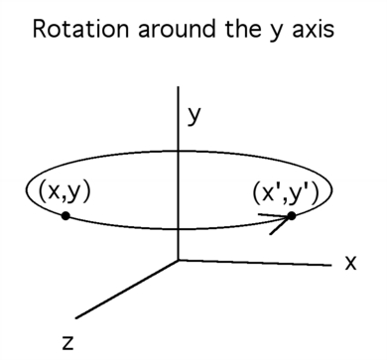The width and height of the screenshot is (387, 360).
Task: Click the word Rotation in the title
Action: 81,29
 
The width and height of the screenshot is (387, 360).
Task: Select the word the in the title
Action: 243,29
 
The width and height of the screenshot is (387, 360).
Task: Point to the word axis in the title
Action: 314,29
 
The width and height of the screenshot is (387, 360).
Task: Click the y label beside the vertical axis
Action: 193,117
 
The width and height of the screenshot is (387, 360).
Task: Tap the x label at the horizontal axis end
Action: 350,264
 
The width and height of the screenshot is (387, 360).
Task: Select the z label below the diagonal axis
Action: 67,343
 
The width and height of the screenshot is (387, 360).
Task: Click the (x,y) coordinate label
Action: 64,192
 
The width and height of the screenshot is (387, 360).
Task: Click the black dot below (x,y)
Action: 65,216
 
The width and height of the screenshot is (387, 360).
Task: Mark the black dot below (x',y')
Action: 291,216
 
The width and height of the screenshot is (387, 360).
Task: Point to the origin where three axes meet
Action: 179,260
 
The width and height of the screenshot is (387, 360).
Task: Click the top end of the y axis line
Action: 179,86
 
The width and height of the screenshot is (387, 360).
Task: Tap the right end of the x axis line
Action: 331,265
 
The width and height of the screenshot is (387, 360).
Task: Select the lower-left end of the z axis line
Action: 75,318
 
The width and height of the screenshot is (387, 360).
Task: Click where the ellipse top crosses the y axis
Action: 179,152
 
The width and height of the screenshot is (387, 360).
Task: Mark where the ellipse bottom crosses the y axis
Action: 179,228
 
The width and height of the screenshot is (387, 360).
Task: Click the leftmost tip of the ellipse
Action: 27,190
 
